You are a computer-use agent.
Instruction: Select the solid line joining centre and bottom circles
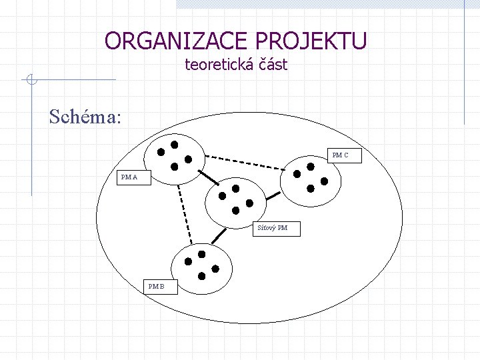point(217,236)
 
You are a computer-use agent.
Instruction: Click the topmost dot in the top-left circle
point(175,144)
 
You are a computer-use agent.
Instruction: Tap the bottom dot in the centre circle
point(235,211)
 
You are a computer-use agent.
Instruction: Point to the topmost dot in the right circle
point(311,166)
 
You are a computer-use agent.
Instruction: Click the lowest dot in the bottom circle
point(202,276)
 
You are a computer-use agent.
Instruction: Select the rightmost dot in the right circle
point(325,181)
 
